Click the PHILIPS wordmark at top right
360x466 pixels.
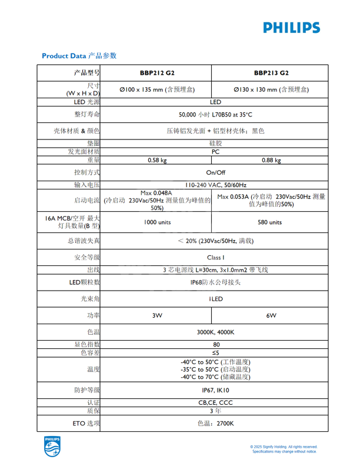pyautogui.click(x=292, y=27)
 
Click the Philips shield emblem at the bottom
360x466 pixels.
pyautogui.click(x=52, y=447)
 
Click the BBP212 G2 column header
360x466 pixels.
pyautogui.click(x=157, y=74)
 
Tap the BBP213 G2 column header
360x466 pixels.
pyautogui.click(x=271, y=74)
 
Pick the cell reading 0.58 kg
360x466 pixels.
pyautogui.click(x=157, y=160)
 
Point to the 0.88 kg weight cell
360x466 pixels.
pyautogui.click(x=271, y=160)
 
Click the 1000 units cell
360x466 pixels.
pyautogui.click(x=157, y=222)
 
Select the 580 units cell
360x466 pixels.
pyautogui.click(x=271, y=222)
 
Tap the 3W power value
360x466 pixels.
pyautogui.click(x=157, y=315)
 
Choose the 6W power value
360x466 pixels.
pyautogui.click(x=271, y=315)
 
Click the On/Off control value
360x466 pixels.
pyautogui.click(x=215, y=172)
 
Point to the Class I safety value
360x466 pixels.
pyautogui.click(x=215, y=257)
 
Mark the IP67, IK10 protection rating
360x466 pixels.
pyautogui.click(x=215, y=390)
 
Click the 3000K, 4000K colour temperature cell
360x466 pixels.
pyautogui.click(x=215, y=332)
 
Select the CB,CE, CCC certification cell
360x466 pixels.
pyautogui.click(x=215, y=402)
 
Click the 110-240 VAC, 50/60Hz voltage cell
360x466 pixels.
pyautogui.click(x=215, y=185)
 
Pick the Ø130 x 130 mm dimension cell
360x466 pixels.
pyautogui.click(x=271, y=90)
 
